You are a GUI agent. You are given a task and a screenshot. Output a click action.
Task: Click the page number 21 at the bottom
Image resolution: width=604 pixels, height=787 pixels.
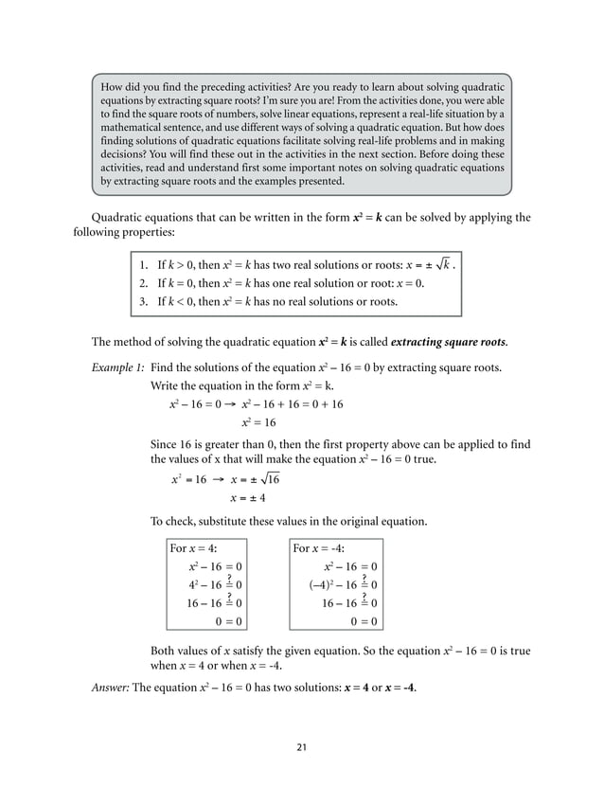tap(301, 747)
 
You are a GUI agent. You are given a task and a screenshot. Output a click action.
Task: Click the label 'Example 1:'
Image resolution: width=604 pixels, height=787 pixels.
tap(116, 367)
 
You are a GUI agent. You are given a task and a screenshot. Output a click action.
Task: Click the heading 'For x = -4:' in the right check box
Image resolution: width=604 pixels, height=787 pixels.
tap(319, 548)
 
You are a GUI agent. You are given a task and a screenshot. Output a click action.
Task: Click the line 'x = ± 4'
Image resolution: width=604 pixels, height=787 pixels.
tap(248, 499)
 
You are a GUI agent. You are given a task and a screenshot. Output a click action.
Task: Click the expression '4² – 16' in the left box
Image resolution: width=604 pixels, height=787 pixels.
tap(204, 584)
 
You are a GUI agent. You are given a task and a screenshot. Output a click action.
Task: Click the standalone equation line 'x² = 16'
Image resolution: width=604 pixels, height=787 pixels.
tap(258, 423)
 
